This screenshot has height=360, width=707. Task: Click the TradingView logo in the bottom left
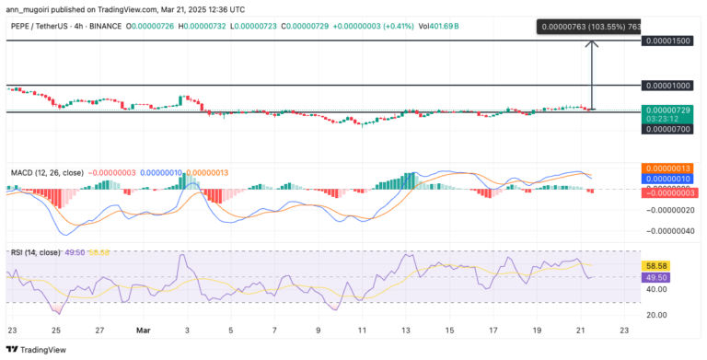pyautogui.click(x=37, y=350)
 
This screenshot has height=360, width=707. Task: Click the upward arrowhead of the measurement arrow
pyautogui.click(x=592, y=43)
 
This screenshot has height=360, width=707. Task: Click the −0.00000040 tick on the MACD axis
pyautogui.click(x=669, y=230)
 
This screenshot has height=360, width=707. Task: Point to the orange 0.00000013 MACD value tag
pyautogui.click(x=669, y=168)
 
